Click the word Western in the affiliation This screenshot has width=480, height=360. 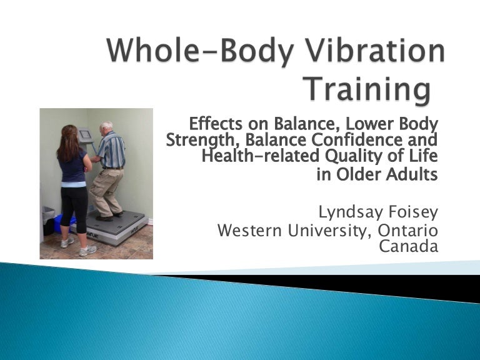click(x=250, y=231)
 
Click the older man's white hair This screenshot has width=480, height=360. click(x=107, y=125)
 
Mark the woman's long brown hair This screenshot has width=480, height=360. click(x=66, y=141)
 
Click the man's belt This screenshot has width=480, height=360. click(x=112, y=168)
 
